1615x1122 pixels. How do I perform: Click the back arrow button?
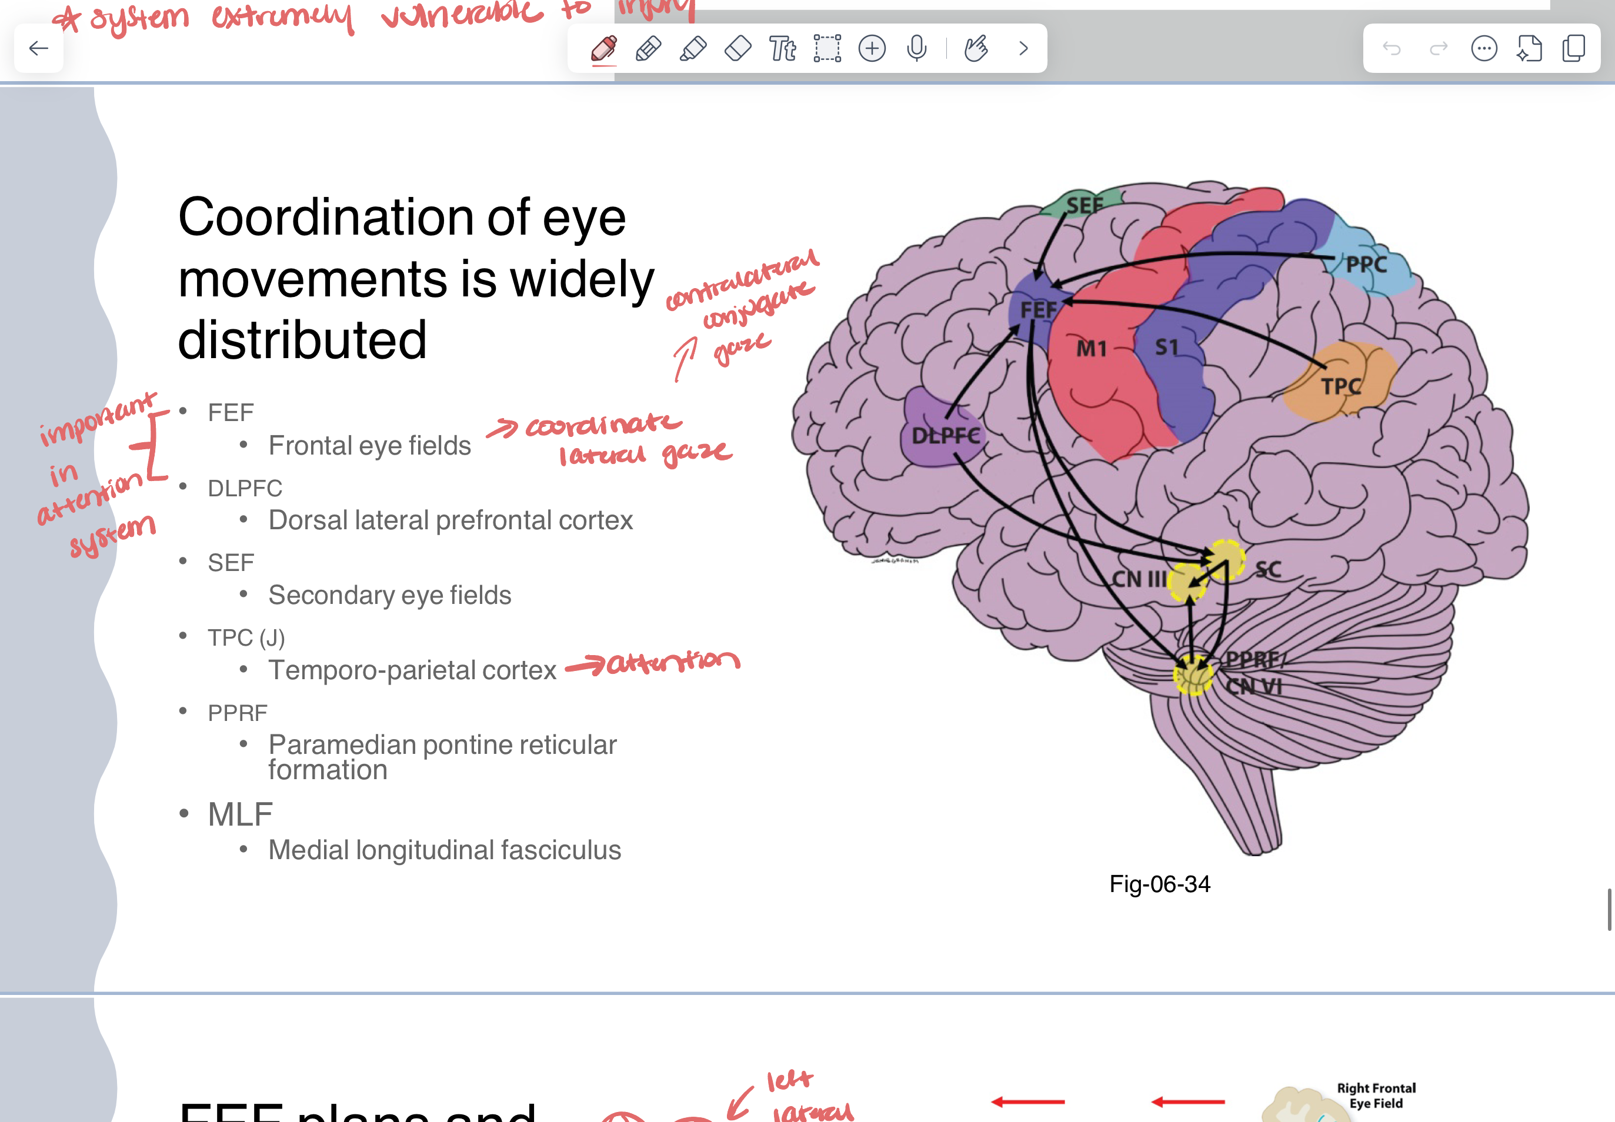[x=39, y=48]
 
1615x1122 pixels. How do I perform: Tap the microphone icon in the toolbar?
[x=916, y=48]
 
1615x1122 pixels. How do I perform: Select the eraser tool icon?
[x=738, y=48]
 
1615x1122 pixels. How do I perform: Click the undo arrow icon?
[x=1392, y=48]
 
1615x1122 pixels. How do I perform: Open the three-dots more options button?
[x=1483, y=48]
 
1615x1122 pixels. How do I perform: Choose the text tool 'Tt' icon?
[x=782, y=48]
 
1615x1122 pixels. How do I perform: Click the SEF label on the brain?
[x=1084, y=205]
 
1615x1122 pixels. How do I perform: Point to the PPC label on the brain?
[x=1366, y=265]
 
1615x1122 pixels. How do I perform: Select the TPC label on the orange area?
[x=1341, y=386]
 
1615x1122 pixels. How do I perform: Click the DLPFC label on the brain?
[x=945, y=436]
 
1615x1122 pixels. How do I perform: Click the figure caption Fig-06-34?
[x=1159, y=884]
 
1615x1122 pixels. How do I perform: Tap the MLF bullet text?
[x=240, y=814]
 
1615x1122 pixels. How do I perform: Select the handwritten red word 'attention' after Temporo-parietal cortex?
[x=672, y=662]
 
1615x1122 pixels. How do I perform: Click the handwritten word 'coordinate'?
[x=603, y=425]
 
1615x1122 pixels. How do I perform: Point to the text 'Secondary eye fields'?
[x=389, y=596]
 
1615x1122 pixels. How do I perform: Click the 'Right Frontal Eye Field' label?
[x=1376, y=1096]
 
